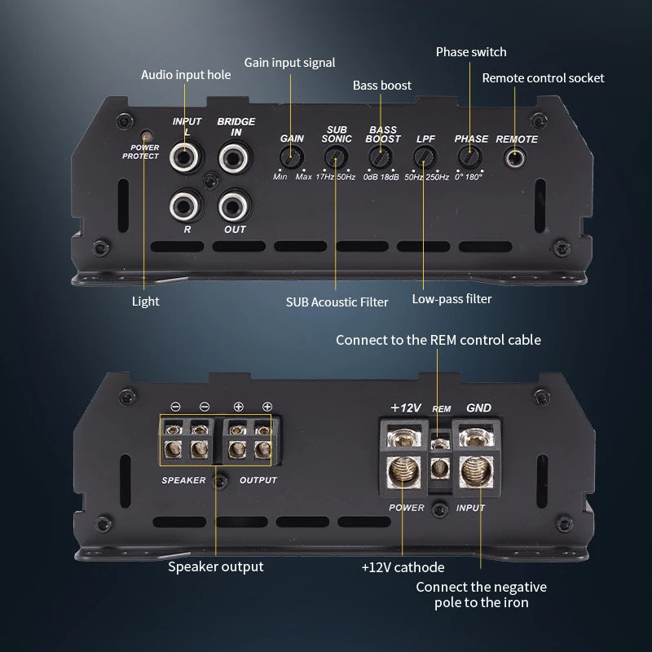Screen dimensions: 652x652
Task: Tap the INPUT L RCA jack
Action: click(186, 156)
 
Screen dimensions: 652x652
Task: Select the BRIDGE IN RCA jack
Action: click(236, 156)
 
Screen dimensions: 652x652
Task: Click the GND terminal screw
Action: click(477, 472)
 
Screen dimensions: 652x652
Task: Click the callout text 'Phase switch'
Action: click(471, 52)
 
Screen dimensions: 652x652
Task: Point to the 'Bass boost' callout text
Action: click(382, 85)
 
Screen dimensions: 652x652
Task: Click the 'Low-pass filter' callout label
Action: click(452, 299)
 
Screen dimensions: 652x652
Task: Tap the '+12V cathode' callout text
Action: click(403, 566)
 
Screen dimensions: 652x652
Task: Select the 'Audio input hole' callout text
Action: click(186, 74)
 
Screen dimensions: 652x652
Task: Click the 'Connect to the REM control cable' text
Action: click(438, 340)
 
